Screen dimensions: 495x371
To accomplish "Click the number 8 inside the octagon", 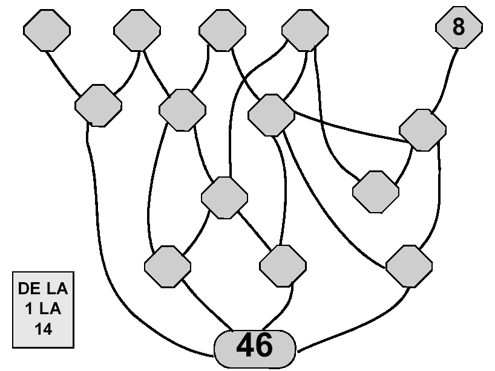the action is click(x=458, y=27).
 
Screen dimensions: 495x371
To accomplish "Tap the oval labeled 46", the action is click(x=255, y=349).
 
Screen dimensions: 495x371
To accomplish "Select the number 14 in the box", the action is click(x=43, y=329).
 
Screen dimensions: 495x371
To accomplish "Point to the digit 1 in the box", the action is click(x=28, y=309).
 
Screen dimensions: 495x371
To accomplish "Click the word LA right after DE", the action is click(x=57, y=288).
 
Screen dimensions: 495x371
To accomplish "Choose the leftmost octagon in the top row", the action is click(x=47, y=30).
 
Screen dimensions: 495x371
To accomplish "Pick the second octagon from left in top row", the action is click(x=137, y=30).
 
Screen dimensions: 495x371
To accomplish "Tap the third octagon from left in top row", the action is click(x=222, y=30).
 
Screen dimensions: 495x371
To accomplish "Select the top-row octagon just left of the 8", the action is click(x=305, y=30).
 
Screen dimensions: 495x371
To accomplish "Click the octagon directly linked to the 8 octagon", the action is click(x=422, y=130).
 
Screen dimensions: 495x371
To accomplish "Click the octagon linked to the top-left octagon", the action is click(x=98, y=106).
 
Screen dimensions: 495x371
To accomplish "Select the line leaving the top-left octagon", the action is click(x=62, y=73).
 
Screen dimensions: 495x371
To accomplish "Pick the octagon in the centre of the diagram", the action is click(x=225, y=198).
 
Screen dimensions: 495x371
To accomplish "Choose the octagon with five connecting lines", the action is click(x=271, y=115).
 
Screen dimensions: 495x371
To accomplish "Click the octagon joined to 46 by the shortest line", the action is click(x=283, y=266).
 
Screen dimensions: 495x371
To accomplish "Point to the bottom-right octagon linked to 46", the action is click(x=409, y=266).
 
